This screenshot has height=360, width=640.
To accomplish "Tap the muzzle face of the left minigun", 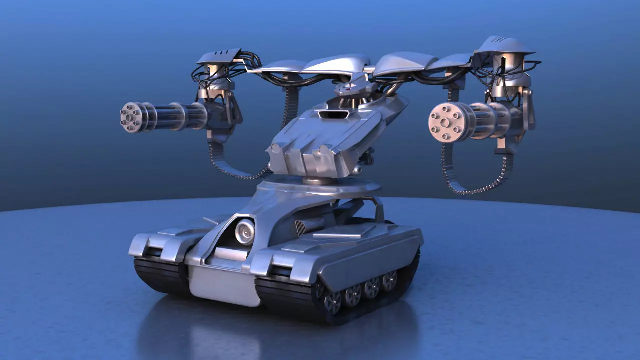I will click(x=129, y=117).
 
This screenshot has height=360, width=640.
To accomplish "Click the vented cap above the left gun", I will click(x=219, y=57).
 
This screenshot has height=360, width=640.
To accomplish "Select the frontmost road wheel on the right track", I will click(x=332, y=301).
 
